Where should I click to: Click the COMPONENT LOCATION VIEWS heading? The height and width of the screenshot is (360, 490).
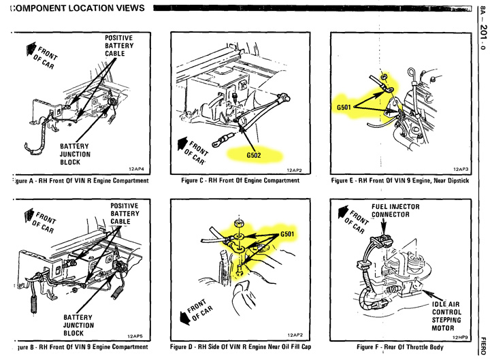79,8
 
